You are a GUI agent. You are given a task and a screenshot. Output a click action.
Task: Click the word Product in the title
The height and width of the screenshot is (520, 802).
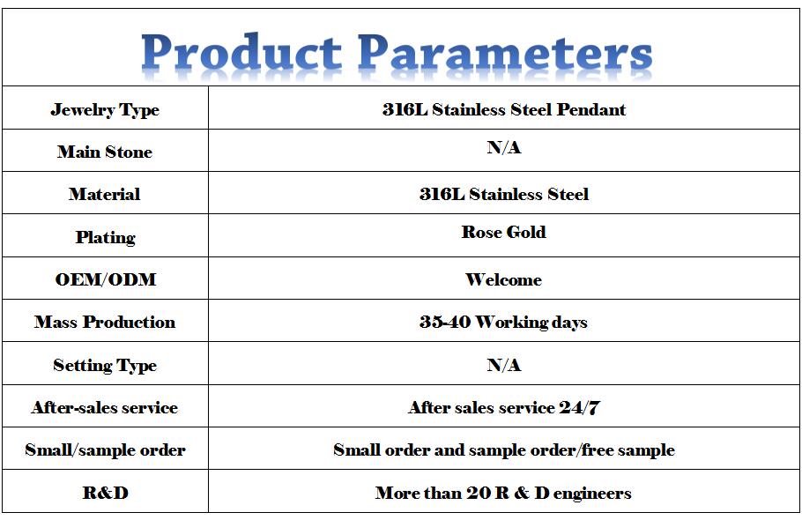(241, 53)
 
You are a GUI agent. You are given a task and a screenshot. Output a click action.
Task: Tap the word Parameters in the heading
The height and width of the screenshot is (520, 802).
(505, 53)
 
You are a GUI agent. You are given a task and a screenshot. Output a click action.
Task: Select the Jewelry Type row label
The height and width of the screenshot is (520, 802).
(105, 109)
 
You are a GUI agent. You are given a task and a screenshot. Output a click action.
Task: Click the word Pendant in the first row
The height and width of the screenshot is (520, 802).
(590, 109)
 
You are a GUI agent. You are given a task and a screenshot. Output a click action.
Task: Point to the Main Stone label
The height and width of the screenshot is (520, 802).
(105, 152)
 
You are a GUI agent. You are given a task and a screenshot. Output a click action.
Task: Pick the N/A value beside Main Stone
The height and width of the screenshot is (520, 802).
(504, 147)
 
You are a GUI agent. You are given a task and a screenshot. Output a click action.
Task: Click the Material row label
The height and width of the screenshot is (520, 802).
(105, 194)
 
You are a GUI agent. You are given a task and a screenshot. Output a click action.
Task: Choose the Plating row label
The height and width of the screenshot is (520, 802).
(106, 237)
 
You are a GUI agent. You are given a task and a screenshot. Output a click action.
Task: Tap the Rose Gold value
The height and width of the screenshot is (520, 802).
(504, 232)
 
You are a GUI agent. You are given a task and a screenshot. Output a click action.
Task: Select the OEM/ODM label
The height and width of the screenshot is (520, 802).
(106, 279)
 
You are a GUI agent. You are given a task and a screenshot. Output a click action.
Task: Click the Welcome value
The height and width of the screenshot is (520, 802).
(504, 279)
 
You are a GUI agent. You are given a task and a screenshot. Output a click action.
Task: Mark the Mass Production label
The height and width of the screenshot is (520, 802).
(105, 322)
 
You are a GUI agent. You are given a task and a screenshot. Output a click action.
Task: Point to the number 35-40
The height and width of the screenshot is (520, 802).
(445, 322)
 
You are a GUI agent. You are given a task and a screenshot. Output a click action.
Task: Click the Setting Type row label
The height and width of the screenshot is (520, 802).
(105, 365)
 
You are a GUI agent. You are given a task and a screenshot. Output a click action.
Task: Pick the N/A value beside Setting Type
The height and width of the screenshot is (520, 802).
(504, 365)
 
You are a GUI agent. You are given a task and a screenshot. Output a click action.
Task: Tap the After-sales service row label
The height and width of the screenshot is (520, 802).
(105, 407)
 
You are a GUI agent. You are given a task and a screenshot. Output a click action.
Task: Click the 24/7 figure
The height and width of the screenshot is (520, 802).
(579, 407)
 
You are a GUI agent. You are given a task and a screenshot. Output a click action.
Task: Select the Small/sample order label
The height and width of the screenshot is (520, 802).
(105, 450)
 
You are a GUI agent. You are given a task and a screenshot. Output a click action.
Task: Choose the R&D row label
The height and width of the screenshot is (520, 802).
(106, 493)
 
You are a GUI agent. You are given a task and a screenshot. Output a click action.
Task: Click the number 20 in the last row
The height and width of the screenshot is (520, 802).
(479, 493)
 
